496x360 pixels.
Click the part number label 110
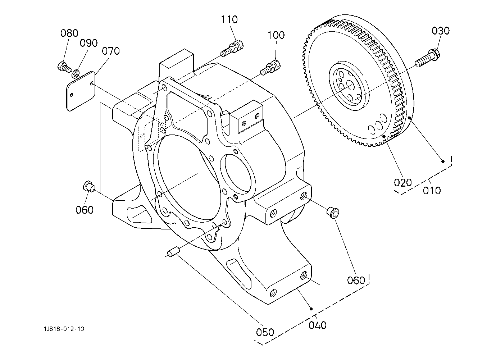point(229,19)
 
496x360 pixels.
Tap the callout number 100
point(276,35)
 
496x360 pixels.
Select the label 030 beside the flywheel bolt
point(441,31)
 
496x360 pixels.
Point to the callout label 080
point(69,33)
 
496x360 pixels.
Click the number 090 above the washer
point(88,43)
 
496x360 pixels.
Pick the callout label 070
point(111,51)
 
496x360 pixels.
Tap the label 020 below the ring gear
point(403,183)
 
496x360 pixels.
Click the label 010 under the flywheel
point(432,190)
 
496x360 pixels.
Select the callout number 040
point(318,325)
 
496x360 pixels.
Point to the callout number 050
point(265,332)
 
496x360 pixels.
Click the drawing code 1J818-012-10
point(64,329)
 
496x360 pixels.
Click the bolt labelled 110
point(232,48)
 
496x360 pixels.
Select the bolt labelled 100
point(270,67)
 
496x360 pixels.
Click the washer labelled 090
point(76,73)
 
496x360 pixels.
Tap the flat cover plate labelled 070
point(81,91)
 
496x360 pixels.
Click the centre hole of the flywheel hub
point(350,85)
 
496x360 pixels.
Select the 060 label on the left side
point(85,210)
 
